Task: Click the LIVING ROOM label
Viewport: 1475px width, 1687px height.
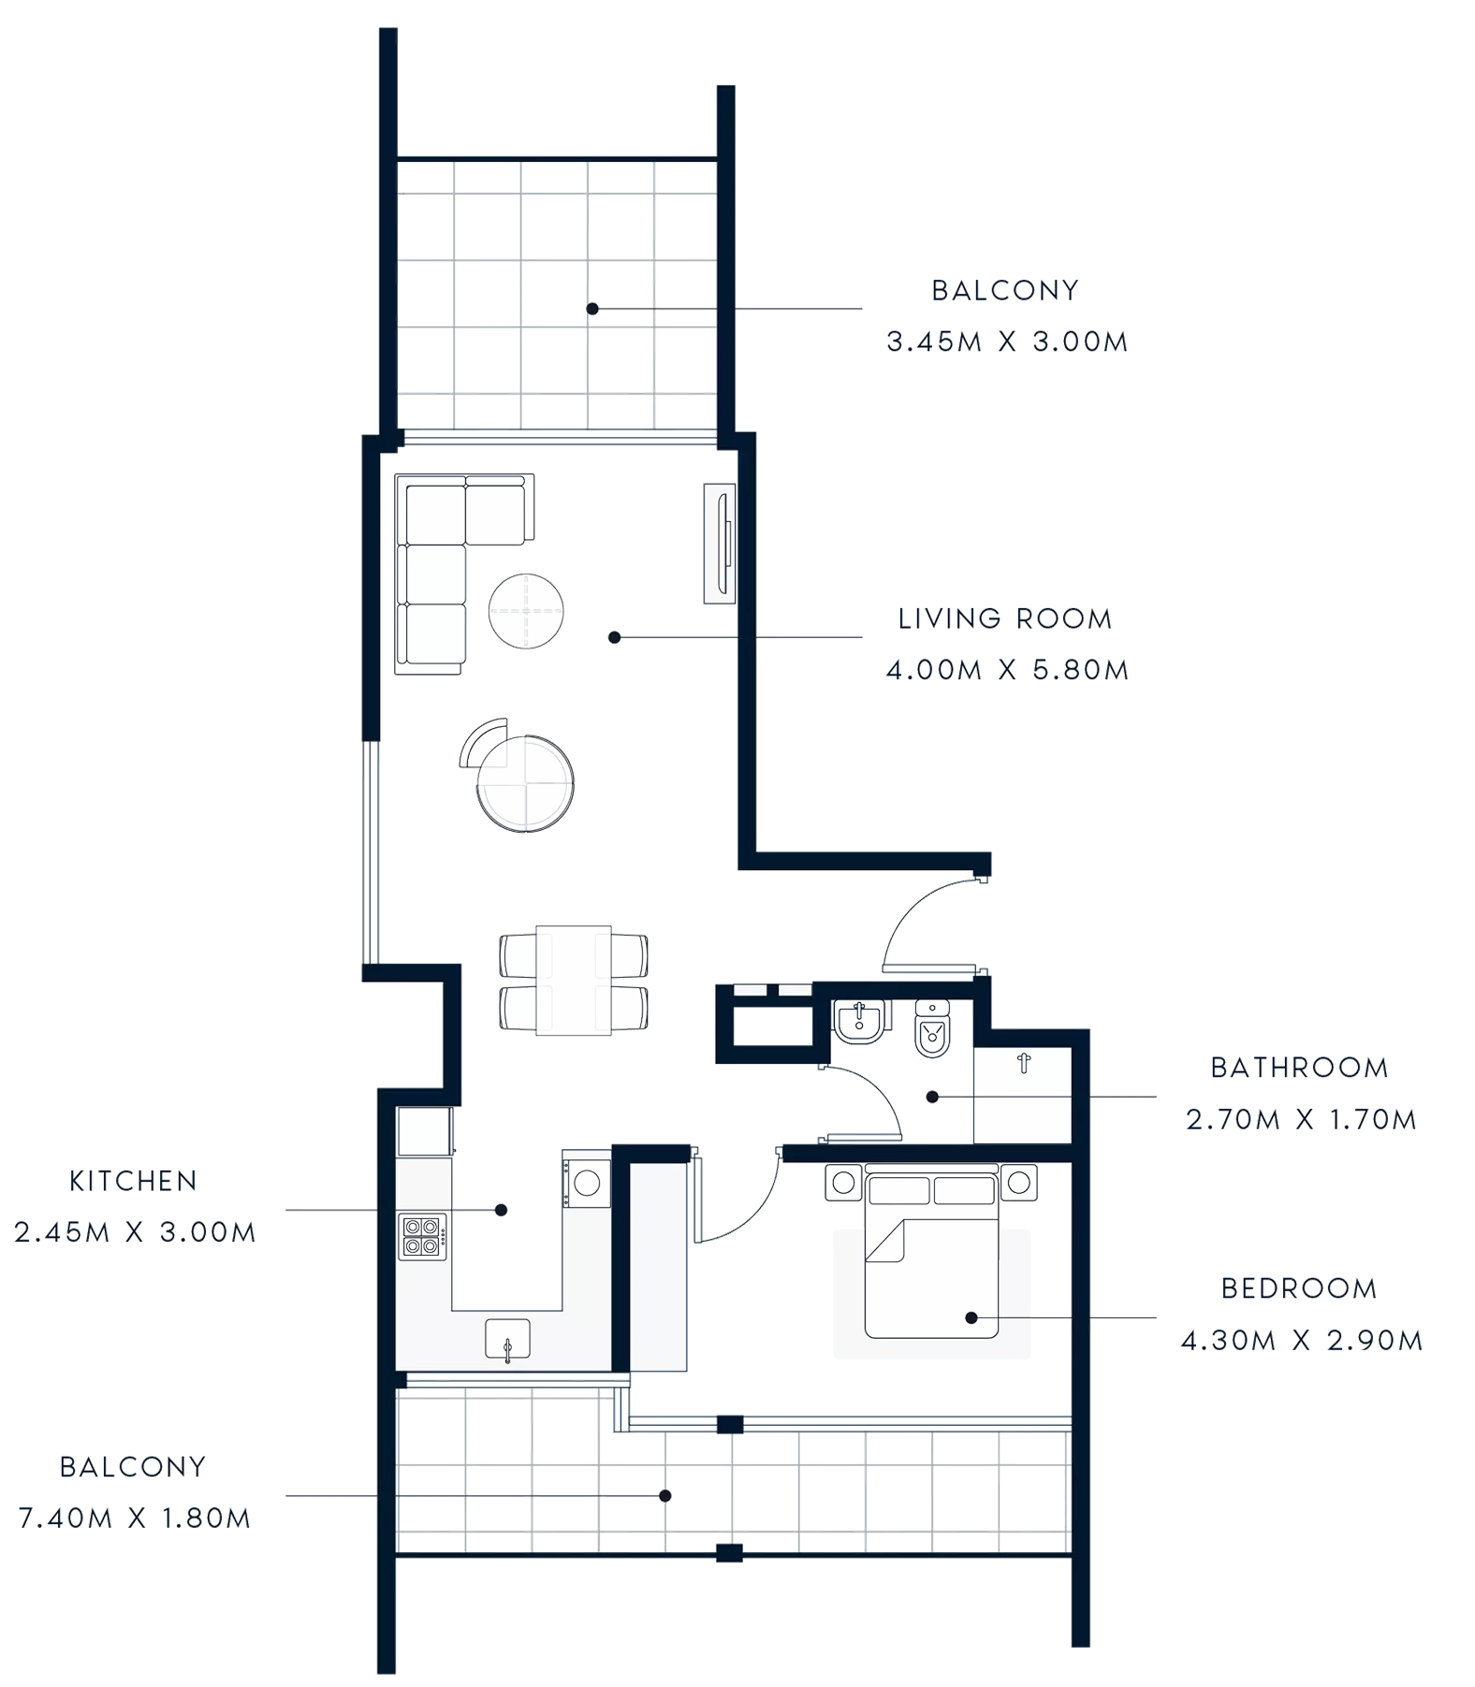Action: pos(1005,618)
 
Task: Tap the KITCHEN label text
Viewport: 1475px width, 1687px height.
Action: pos(132,1182)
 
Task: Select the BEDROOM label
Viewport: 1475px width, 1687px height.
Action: pos(1299,1289)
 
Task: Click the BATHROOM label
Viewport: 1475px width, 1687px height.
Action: pos(1296,1068)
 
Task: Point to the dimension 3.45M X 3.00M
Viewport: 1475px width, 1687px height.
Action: pos(1007,342)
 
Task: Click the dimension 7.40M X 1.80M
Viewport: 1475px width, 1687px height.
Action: pos(132,1518)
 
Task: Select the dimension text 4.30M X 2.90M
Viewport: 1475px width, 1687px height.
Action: pos(1301,1342)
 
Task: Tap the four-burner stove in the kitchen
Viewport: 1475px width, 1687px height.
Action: pos(422,1234)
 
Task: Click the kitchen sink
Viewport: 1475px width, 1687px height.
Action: pos(507,1339)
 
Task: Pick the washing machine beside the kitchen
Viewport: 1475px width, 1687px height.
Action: pos(587,1182)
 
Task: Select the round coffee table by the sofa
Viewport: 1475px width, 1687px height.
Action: pos(526,609)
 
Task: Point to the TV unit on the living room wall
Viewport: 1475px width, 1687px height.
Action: pos(719,543)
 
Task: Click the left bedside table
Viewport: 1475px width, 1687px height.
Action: pos(842,1183)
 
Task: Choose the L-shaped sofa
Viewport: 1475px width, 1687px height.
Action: pos(440,561)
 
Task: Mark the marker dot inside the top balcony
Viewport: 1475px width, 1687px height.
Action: pos(591,308)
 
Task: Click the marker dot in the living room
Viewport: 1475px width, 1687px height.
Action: pos(614,636)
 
